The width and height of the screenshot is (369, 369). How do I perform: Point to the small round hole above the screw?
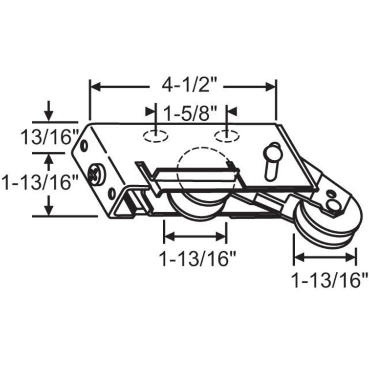85,146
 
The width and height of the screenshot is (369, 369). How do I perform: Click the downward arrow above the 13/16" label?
48,114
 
